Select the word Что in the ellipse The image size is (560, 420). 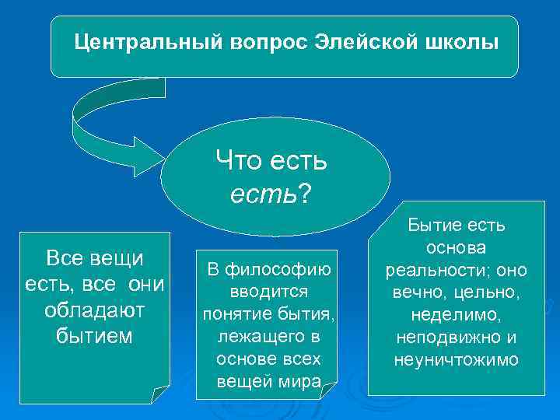[238, 163]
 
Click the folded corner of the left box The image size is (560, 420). [159, 393]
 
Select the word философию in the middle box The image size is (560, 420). [280, 270]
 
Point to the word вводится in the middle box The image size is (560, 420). [268, 292]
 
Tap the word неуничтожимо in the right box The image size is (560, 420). [457, 361]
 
